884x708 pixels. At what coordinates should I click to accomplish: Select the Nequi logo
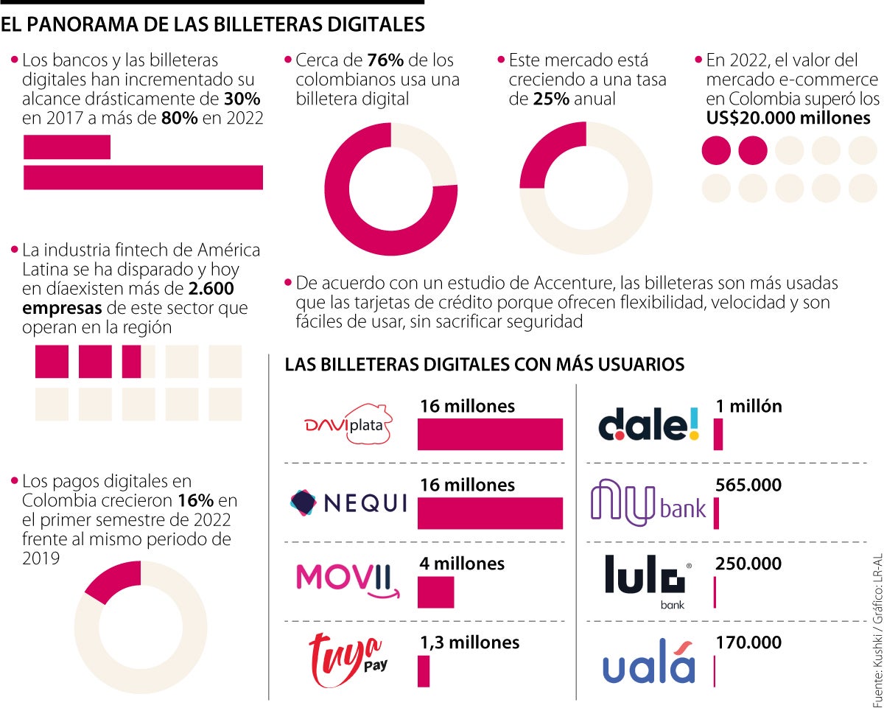tap(348, 502)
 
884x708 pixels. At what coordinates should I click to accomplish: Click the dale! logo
tap(648, 424)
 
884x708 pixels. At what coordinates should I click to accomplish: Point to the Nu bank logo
tap(648, 502)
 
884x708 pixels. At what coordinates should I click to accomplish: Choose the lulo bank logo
tap(648, 578)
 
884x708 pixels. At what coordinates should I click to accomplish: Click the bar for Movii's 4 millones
tap(435, 592)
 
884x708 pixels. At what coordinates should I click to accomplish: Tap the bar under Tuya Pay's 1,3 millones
tap(424, 671)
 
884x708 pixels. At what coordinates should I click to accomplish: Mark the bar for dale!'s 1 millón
tap(718, 434)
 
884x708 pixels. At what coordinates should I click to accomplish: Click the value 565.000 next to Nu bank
tap(748, 486)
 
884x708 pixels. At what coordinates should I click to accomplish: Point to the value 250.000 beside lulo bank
tap(748, 564)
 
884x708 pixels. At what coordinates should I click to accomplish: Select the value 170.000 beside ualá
tap(748, 643)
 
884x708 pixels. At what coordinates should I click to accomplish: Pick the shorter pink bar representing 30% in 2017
tap(67, 147)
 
